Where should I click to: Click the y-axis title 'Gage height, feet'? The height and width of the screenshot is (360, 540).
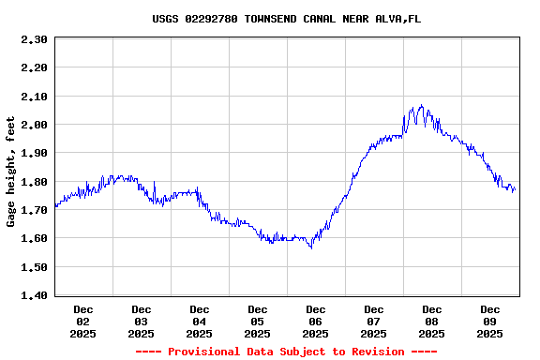(11, 172)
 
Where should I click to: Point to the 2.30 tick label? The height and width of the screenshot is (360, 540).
(34, 39)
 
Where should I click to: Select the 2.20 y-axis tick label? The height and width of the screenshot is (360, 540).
(34, 67)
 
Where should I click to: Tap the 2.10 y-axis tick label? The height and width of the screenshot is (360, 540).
(34, 97)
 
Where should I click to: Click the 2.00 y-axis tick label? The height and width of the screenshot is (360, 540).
(34, 125)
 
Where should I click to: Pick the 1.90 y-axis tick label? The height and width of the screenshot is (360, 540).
(34, 153)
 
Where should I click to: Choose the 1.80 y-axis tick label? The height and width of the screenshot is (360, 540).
(34, 182)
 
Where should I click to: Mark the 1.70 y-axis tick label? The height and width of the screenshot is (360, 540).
(34, 210)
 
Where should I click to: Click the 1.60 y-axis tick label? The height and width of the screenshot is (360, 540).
(34, 238)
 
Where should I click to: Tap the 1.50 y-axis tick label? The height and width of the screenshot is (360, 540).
(34, 267)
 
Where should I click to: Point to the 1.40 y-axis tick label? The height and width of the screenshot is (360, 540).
(34, 295)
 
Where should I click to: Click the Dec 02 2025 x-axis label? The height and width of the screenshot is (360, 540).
(83, 321)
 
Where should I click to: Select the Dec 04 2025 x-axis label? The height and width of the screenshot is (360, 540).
(200, 321)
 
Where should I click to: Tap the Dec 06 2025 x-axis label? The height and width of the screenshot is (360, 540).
(316, 321)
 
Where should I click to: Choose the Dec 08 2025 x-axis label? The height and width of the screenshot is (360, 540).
(432, 321)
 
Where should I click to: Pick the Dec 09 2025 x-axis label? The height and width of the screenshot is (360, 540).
(490, 321)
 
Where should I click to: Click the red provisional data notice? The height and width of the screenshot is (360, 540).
(286, 352)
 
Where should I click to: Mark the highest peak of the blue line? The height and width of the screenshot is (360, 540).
(421, 105)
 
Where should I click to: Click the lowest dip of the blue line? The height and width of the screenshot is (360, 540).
(311, 247)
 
